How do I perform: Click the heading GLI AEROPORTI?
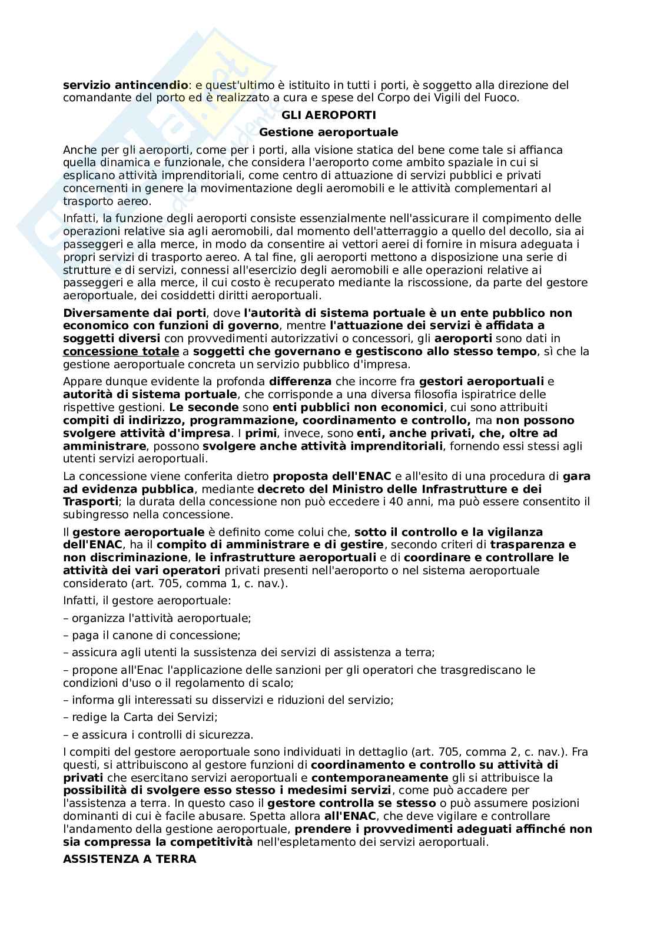click(x=328, y=115)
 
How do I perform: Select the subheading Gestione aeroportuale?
click(x=328, y=133)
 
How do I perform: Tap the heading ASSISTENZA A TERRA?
click(x=130, y=859)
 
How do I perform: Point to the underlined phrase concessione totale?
click(x=121, y=352)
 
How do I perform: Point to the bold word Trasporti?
click(x=90, y=502)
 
